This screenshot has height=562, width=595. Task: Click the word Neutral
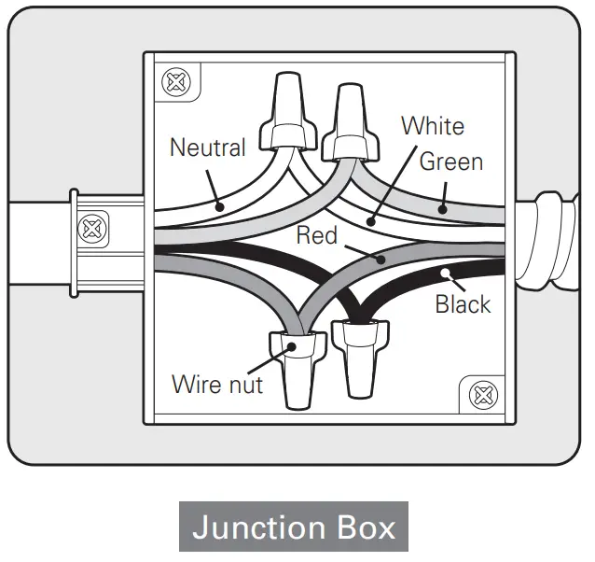207,148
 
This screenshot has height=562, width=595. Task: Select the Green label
450,162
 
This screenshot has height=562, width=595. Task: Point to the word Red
316,234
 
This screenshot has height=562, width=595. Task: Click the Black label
462,304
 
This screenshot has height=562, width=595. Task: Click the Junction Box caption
294,527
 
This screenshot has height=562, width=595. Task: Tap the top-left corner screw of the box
174,81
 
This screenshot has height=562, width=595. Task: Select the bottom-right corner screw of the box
482,395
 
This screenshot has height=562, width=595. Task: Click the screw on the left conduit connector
91,227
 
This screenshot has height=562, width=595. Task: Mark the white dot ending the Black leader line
447,274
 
